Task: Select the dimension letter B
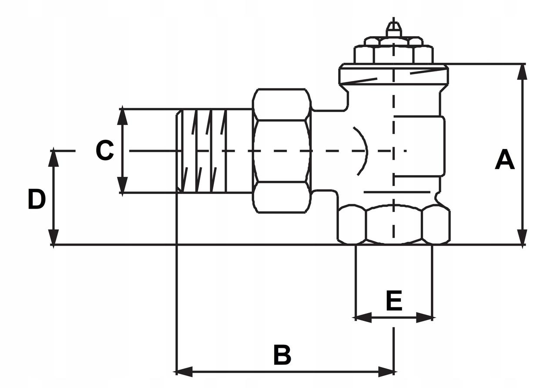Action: click(282, 355)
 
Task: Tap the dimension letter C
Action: click(105, 151)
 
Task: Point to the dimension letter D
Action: click(37, 199)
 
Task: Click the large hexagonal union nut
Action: click(282, 151)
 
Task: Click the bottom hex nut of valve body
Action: click(394, 224)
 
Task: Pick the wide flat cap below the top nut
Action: click(393, 75)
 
